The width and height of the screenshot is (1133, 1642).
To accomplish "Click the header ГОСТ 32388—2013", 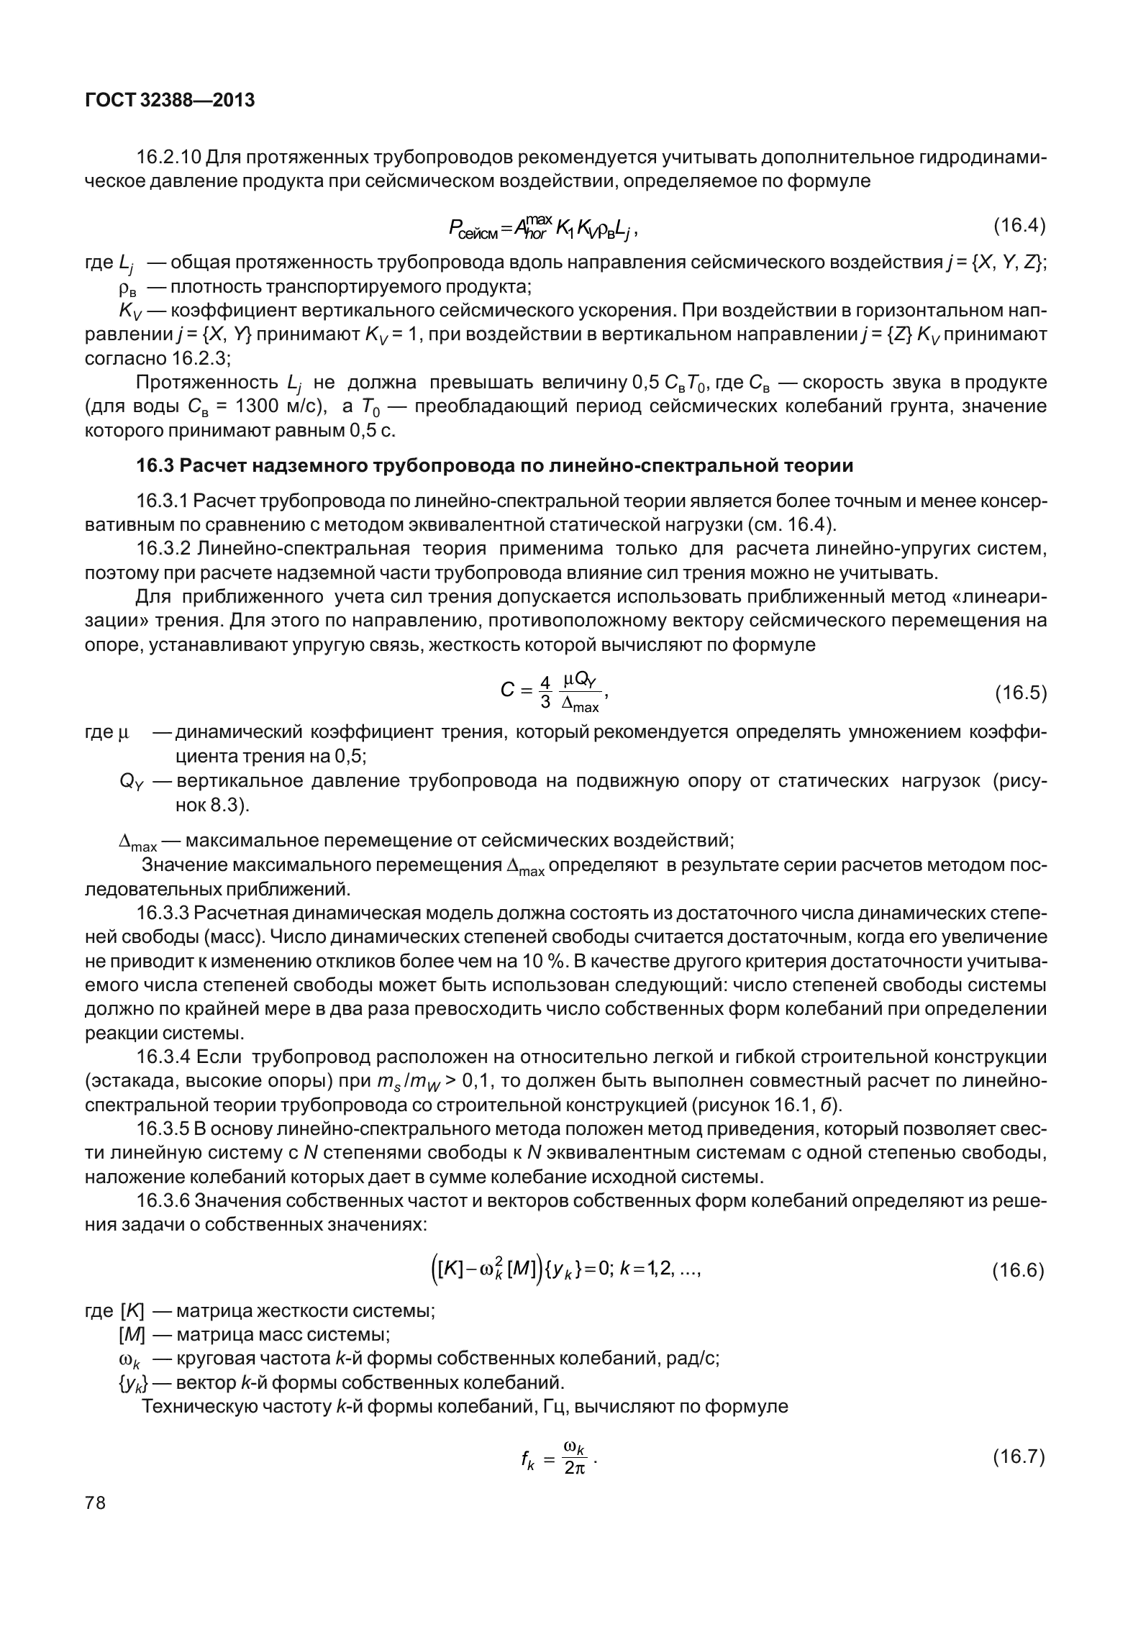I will tap(170, 101).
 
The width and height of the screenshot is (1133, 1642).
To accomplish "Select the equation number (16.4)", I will tap(1019, 226).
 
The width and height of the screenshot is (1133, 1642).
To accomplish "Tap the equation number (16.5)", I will tap(1019, 693).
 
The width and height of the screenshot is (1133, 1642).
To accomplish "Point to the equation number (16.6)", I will tap(1019, 1270).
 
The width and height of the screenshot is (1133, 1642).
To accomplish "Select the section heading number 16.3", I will tap(155, 465).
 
